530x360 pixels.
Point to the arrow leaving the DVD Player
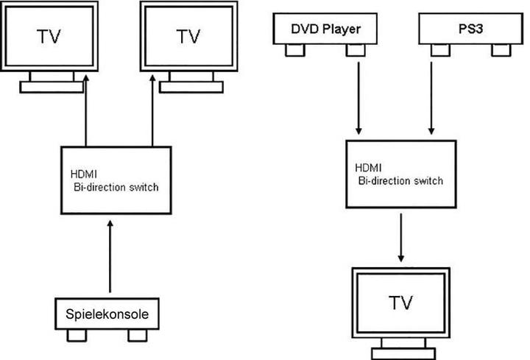[358, 96]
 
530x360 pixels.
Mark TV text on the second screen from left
[189, 35]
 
